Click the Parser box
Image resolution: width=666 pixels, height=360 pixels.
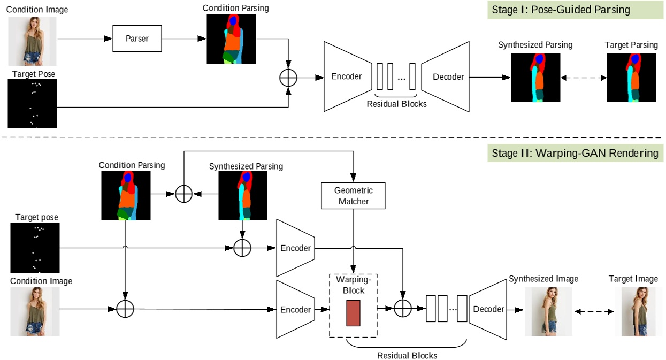[x=137, y=39]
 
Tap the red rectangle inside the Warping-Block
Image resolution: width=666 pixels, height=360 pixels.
[x=353, y=313]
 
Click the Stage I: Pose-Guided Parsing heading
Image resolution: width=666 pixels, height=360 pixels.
[x=575, y=10]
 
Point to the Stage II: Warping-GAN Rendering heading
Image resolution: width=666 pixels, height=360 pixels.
[x=575, y=154]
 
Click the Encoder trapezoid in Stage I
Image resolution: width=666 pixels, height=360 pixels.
[x=347, y=76]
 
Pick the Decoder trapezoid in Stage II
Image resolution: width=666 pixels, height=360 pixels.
[x=487, y=309]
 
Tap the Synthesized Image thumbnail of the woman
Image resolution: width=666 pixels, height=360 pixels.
[x=548, y=311]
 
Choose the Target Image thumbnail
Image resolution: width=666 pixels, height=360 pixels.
[x=638, y=311]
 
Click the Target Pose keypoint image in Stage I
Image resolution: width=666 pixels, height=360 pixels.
[x=32, y=103]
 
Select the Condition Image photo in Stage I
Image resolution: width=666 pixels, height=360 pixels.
[x=32, y=41]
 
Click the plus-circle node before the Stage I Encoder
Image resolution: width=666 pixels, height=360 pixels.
[x=288, y=78]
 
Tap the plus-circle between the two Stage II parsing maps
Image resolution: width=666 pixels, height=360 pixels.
[x=184, y=194]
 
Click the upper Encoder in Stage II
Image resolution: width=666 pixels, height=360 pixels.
[x=295, y=248]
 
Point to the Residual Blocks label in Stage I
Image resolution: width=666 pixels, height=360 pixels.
[x=396, y=104]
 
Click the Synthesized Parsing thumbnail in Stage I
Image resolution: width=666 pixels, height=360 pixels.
[x=535, y=77]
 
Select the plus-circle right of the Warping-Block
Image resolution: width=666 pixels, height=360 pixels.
[x=402, y=309]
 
